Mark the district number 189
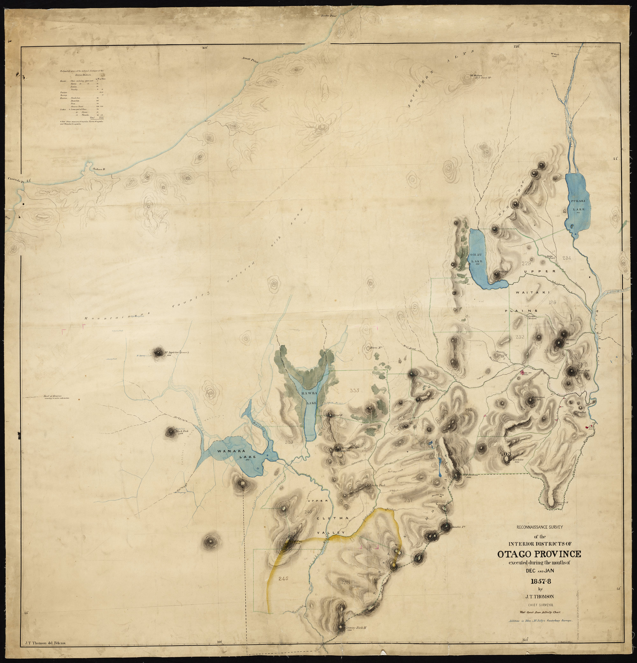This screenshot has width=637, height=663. [x=552, y=303]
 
